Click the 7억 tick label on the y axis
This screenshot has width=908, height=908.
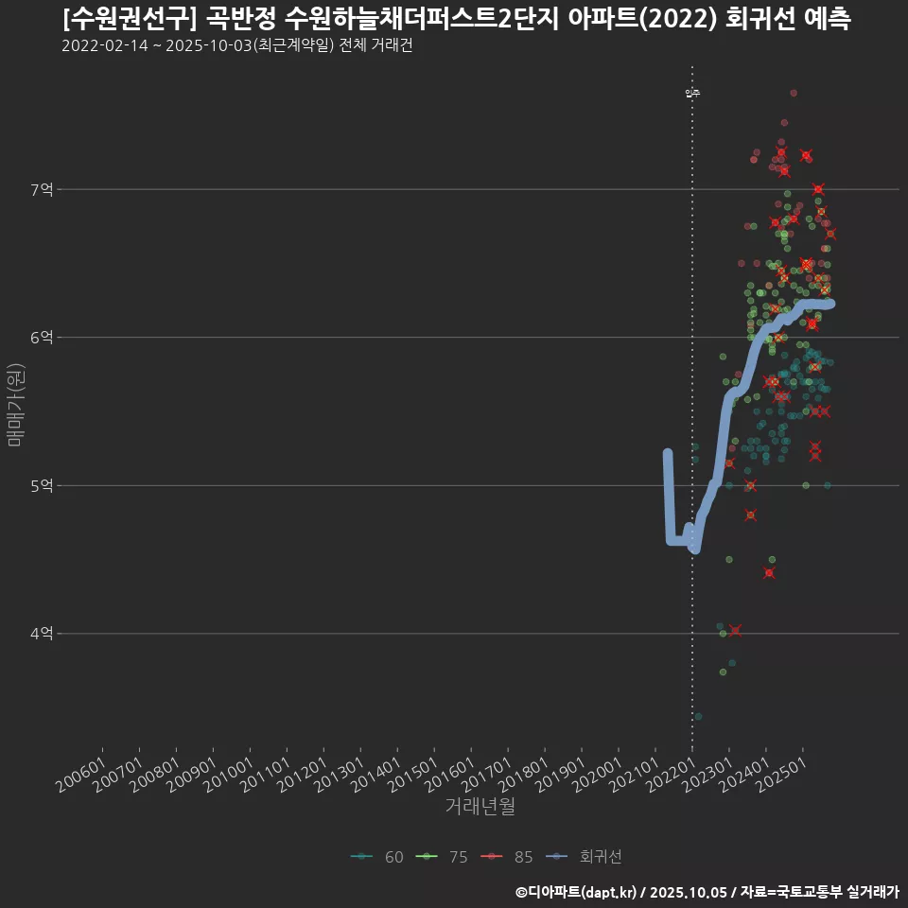(x=41, y=190)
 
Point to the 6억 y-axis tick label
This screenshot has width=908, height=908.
(x=41, y=338)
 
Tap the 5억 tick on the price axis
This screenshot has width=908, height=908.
(x=41, y=486)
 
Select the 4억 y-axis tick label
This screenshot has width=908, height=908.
(x=41, y=634)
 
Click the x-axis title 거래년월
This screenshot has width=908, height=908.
(x=480, y=807)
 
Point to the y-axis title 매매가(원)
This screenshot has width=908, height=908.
(x=15, y=404)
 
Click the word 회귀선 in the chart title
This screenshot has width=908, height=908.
(x=756, y=20)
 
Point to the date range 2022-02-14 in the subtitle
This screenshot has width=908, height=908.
(x=105, y=45)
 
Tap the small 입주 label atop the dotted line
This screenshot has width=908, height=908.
(x=692, y=93)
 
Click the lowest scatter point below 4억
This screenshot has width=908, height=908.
(x=698, y=717)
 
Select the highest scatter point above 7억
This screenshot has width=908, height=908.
(x=794, y=93)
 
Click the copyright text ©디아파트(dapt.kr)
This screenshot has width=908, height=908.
(x=578, y=892)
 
